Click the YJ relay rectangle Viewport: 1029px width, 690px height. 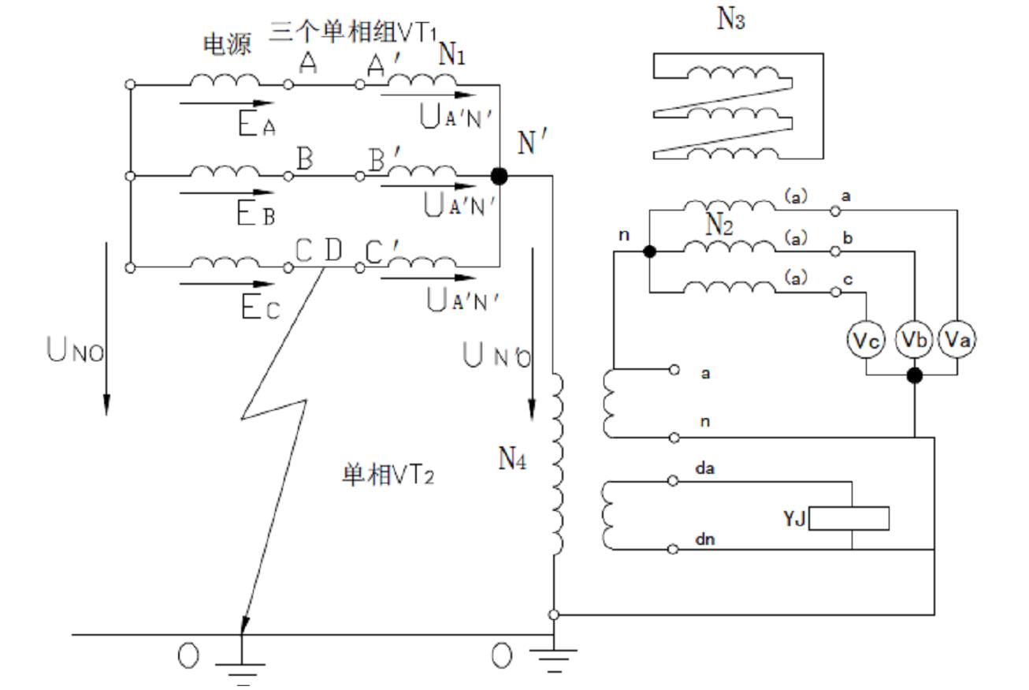point(849,518)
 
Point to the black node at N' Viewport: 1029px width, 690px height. point(499,176)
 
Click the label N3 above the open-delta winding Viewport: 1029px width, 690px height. point(730,19)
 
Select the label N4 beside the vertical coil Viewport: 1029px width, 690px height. point(512,458)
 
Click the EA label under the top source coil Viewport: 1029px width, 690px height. point(257,125)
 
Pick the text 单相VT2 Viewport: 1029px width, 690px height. point(387,476)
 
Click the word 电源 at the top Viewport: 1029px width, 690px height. point(227,45)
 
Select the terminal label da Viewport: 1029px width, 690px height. point(704,468)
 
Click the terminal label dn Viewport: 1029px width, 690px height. point(704,540)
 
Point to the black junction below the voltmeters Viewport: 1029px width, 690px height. point(914,375)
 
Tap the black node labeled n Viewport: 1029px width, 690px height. point(649,252)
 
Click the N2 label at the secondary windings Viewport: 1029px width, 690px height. point(719,225)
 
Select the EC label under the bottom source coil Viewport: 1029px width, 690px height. point(259,308)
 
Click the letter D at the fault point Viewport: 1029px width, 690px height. point(333,250)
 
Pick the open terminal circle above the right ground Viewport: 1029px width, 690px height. point(554,614)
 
